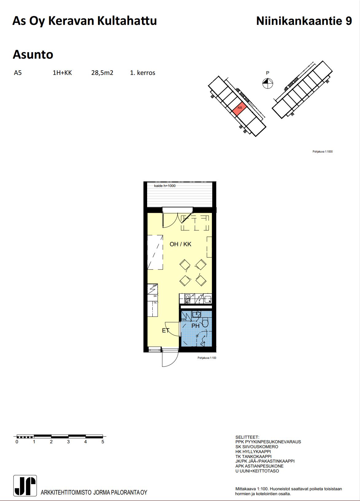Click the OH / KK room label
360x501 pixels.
tap(180, 244)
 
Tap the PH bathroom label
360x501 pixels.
tap(195, 326)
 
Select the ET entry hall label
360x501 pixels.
tap(166, 331)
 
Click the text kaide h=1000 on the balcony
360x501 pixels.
tap(165, 186)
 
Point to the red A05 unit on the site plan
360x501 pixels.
tap(240, 108)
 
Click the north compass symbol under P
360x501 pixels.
tap(268, 83)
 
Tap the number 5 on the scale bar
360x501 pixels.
tap(103, 442)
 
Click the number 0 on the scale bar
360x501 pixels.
tap(17, 442)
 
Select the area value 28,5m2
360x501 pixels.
tap(102, 73)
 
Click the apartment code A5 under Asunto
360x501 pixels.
tap(18, 73)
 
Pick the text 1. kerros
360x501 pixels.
tap(143, 73)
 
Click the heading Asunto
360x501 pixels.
tap(33, 54)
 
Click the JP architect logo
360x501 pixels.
tap(25, 485)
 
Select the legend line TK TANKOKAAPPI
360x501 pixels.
tap(253, 456)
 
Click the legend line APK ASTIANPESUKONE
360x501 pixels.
tap(259, 466)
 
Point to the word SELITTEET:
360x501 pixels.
tap(247, 437)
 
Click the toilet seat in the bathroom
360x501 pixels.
tap(205, 323)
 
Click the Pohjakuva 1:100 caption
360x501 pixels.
tap(207, 358)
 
